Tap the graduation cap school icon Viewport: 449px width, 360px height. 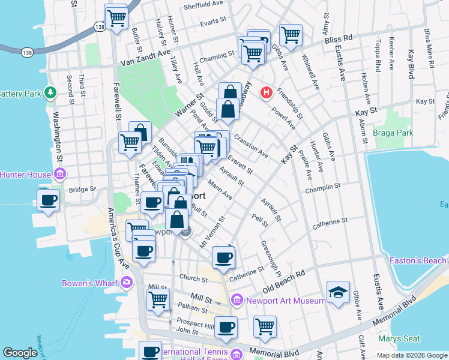click(338, 292)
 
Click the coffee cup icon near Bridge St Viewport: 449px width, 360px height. click(49, 199)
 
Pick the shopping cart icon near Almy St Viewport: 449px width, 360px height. click(291, 34)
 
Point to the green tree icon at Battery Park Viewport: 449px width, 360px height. click(50, 93)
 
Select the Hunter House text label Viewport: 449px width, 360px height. click(26, 175)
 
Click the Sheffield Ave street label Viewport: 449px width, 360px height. click(203, 4)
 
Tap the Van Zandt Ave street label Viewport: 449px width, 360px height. click(145, 61)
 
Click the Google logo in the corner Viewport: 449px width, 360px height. click(20, 353)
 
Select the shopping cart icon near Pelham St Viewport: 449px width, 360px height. click(158, 299)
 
